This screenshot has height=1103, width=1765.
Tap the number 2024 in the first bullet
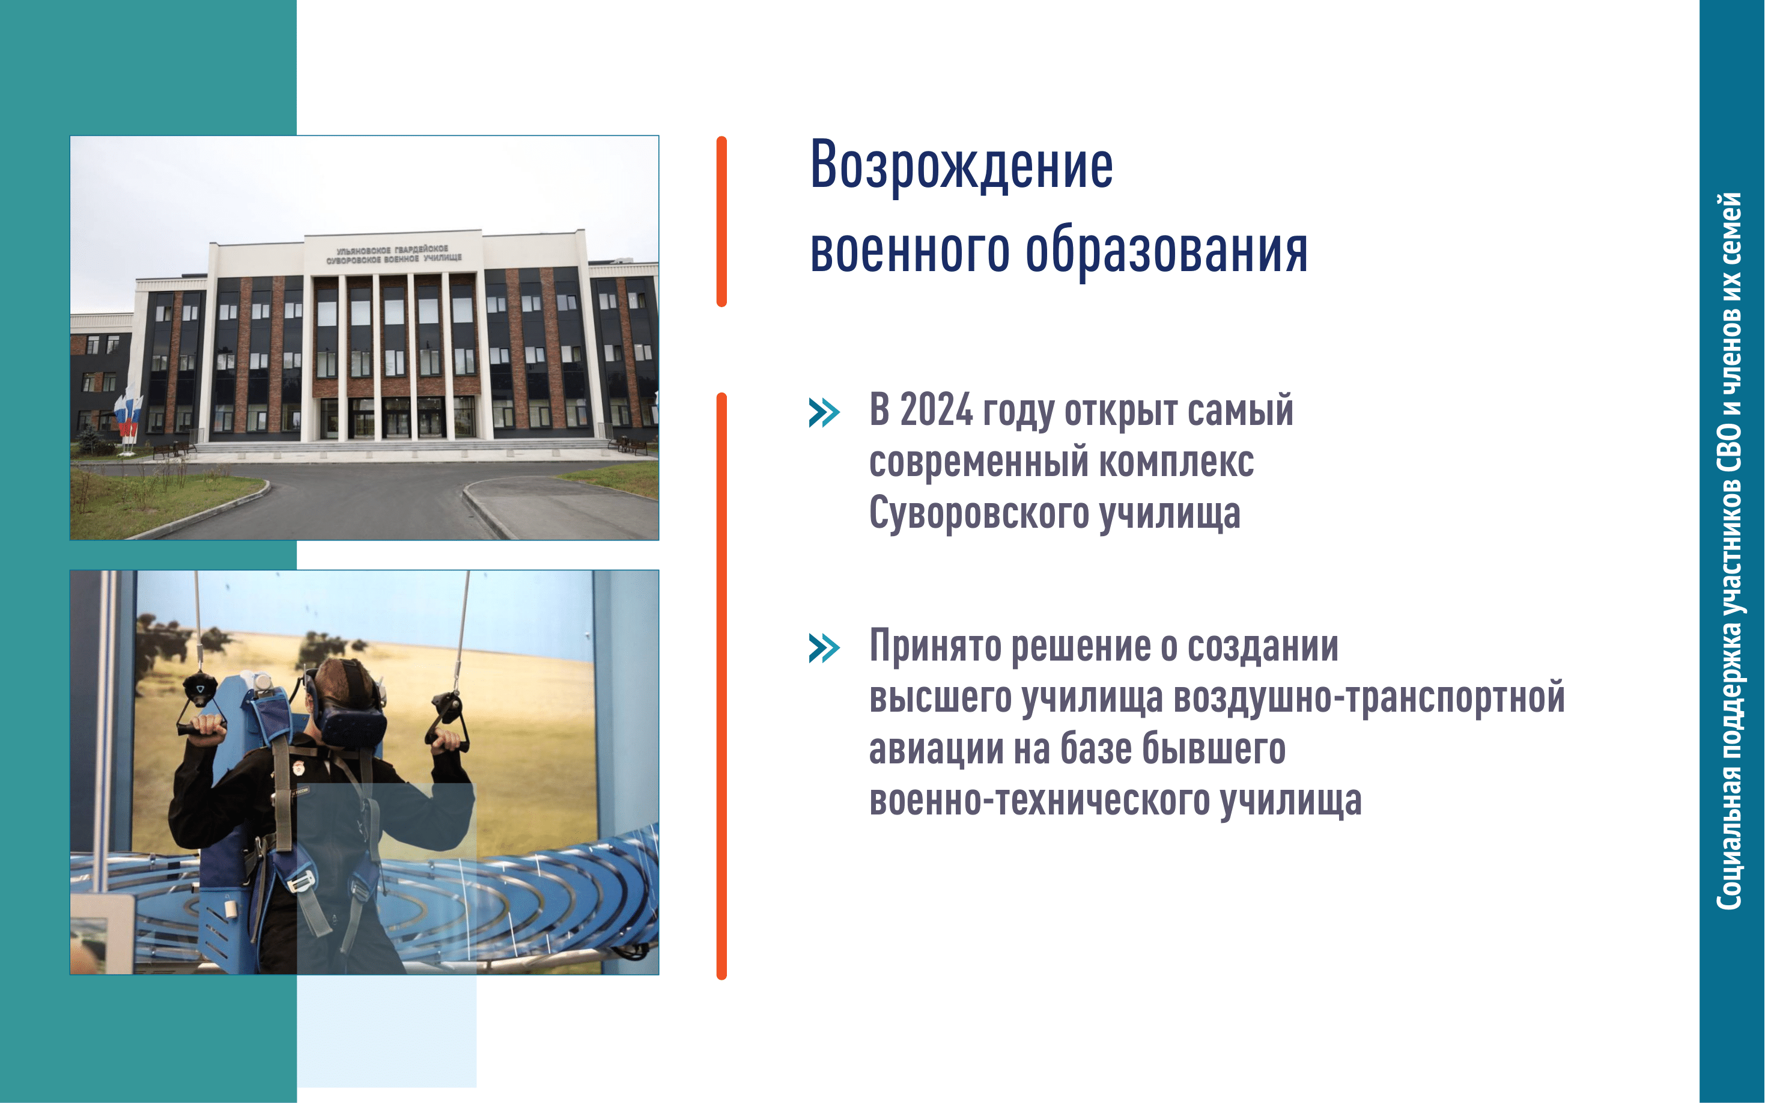point(936,409)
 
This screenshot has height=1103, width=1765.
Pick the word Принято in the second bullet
point(935,647)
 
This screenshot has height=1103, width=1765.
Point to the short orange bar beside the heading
point(721,222)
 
